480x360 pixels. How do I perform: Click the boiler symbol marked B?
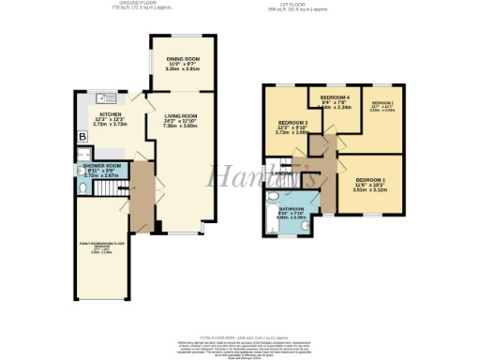coord(82,137)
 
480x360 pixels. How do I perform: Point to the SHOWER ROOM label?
coord(101,166)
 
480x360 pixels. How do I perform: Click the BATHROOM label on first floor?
coord(289,208)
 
